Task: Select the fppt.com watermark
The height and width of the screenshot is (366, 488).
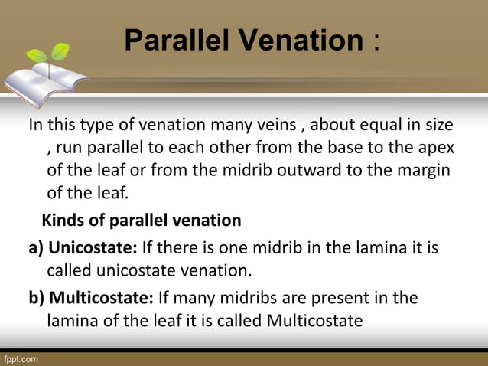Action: [x=21, y=358]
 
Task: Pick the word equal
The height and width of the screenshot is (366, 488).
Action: [x=382, y=125]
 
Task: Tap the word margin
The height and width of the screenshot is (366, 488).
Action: [x=425, y=169]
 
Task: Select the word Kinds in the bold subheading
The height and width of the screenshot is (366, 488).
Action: [x=61, y=221]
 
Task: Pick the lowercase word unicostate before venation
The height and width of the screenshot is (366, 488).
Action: [x=139, y=270]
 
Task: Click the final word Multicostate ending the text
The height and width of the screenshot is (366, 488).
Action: [x=314, y=320]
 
